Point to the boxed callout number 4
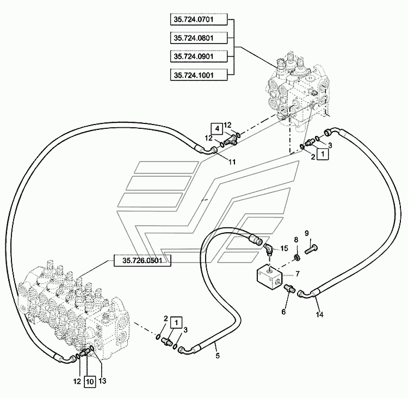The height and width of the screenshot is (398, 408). (x=217, y=128)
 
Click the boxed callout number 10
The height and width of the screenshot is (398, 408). (x=90, y=381)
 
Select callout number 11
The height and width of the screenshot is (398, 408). (x=232, y=161)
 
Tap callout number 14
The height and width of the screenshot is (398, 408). (x=319, y=314)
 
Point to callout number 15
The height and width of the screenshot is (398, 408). (x=283, y=249)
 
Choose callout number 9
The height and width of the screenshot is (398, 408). (x=306, y=233)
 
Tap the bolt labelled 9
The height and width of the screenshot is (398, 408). (x=312, y=249)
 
